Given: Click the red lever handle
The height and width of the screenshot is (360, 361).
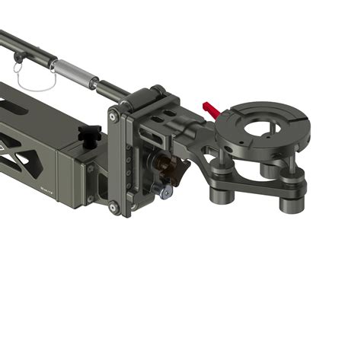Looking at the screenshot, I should (x=212, y=110).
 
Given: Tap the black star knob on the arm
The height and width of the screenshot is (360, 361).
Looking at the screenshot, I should (x=91, y=135).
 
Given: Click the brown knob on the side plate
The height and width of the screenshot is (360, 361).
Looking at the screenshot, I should (x=161, y=162).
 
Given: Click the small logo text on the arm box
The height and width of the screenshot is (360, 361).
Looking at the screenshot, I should (x=46, y=186).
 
